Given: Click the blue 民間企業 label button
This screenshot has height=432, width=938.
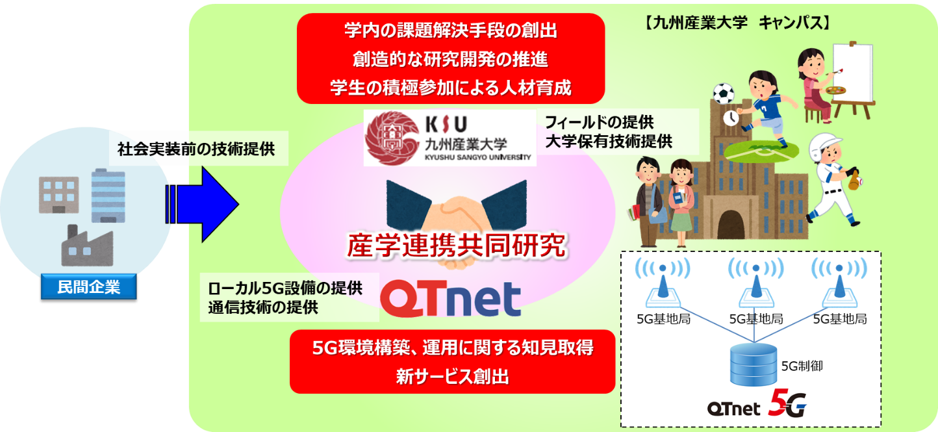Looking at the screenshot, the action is pos(89,286).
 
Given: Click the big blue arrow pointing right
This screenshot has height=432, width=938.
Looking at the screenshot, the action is pos(202,205).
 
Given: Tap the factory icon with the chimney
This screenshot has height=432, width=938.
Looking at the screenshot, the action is pos(87,246).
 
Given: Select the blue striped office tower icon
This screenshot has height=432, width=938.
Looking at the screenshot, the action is pos(108,195).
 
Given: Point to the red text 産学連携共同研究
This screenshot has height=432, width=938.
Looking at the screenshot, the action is pos(456,246).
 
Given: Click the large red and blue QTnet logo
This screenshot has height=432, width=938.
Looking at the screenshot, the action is pos(451,298).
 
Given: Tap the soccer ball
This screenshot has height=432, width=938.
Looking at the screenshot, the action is pos(723,94).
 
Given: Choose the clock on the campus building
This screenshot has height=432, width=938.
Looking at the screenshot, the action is pos(731,118).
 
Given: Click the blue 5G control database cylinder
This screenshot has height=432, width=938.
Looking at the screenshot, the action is pos(754,364).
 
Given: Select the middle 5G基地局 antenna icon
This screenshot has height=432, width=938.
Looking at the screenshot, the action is pos(756,283).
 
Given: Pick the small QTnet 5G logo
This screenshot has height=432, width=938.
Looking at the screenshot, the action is pos(757,404).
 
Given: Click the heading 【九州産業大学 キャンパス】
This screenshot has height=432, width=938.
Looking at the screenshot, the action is pos(736,23).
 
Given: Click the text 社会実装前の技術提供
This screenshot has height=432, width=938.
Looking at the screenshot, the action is pos(196,149).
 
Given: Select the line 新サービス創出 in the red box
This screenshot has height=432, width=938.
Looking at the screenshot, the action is pos(453,376).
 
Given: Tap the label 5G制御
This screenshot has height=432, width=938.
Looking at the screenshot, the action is pos(802,366).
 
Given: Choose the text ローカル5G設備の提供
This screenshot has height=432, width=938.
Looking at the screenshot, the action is pos(285,288).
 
